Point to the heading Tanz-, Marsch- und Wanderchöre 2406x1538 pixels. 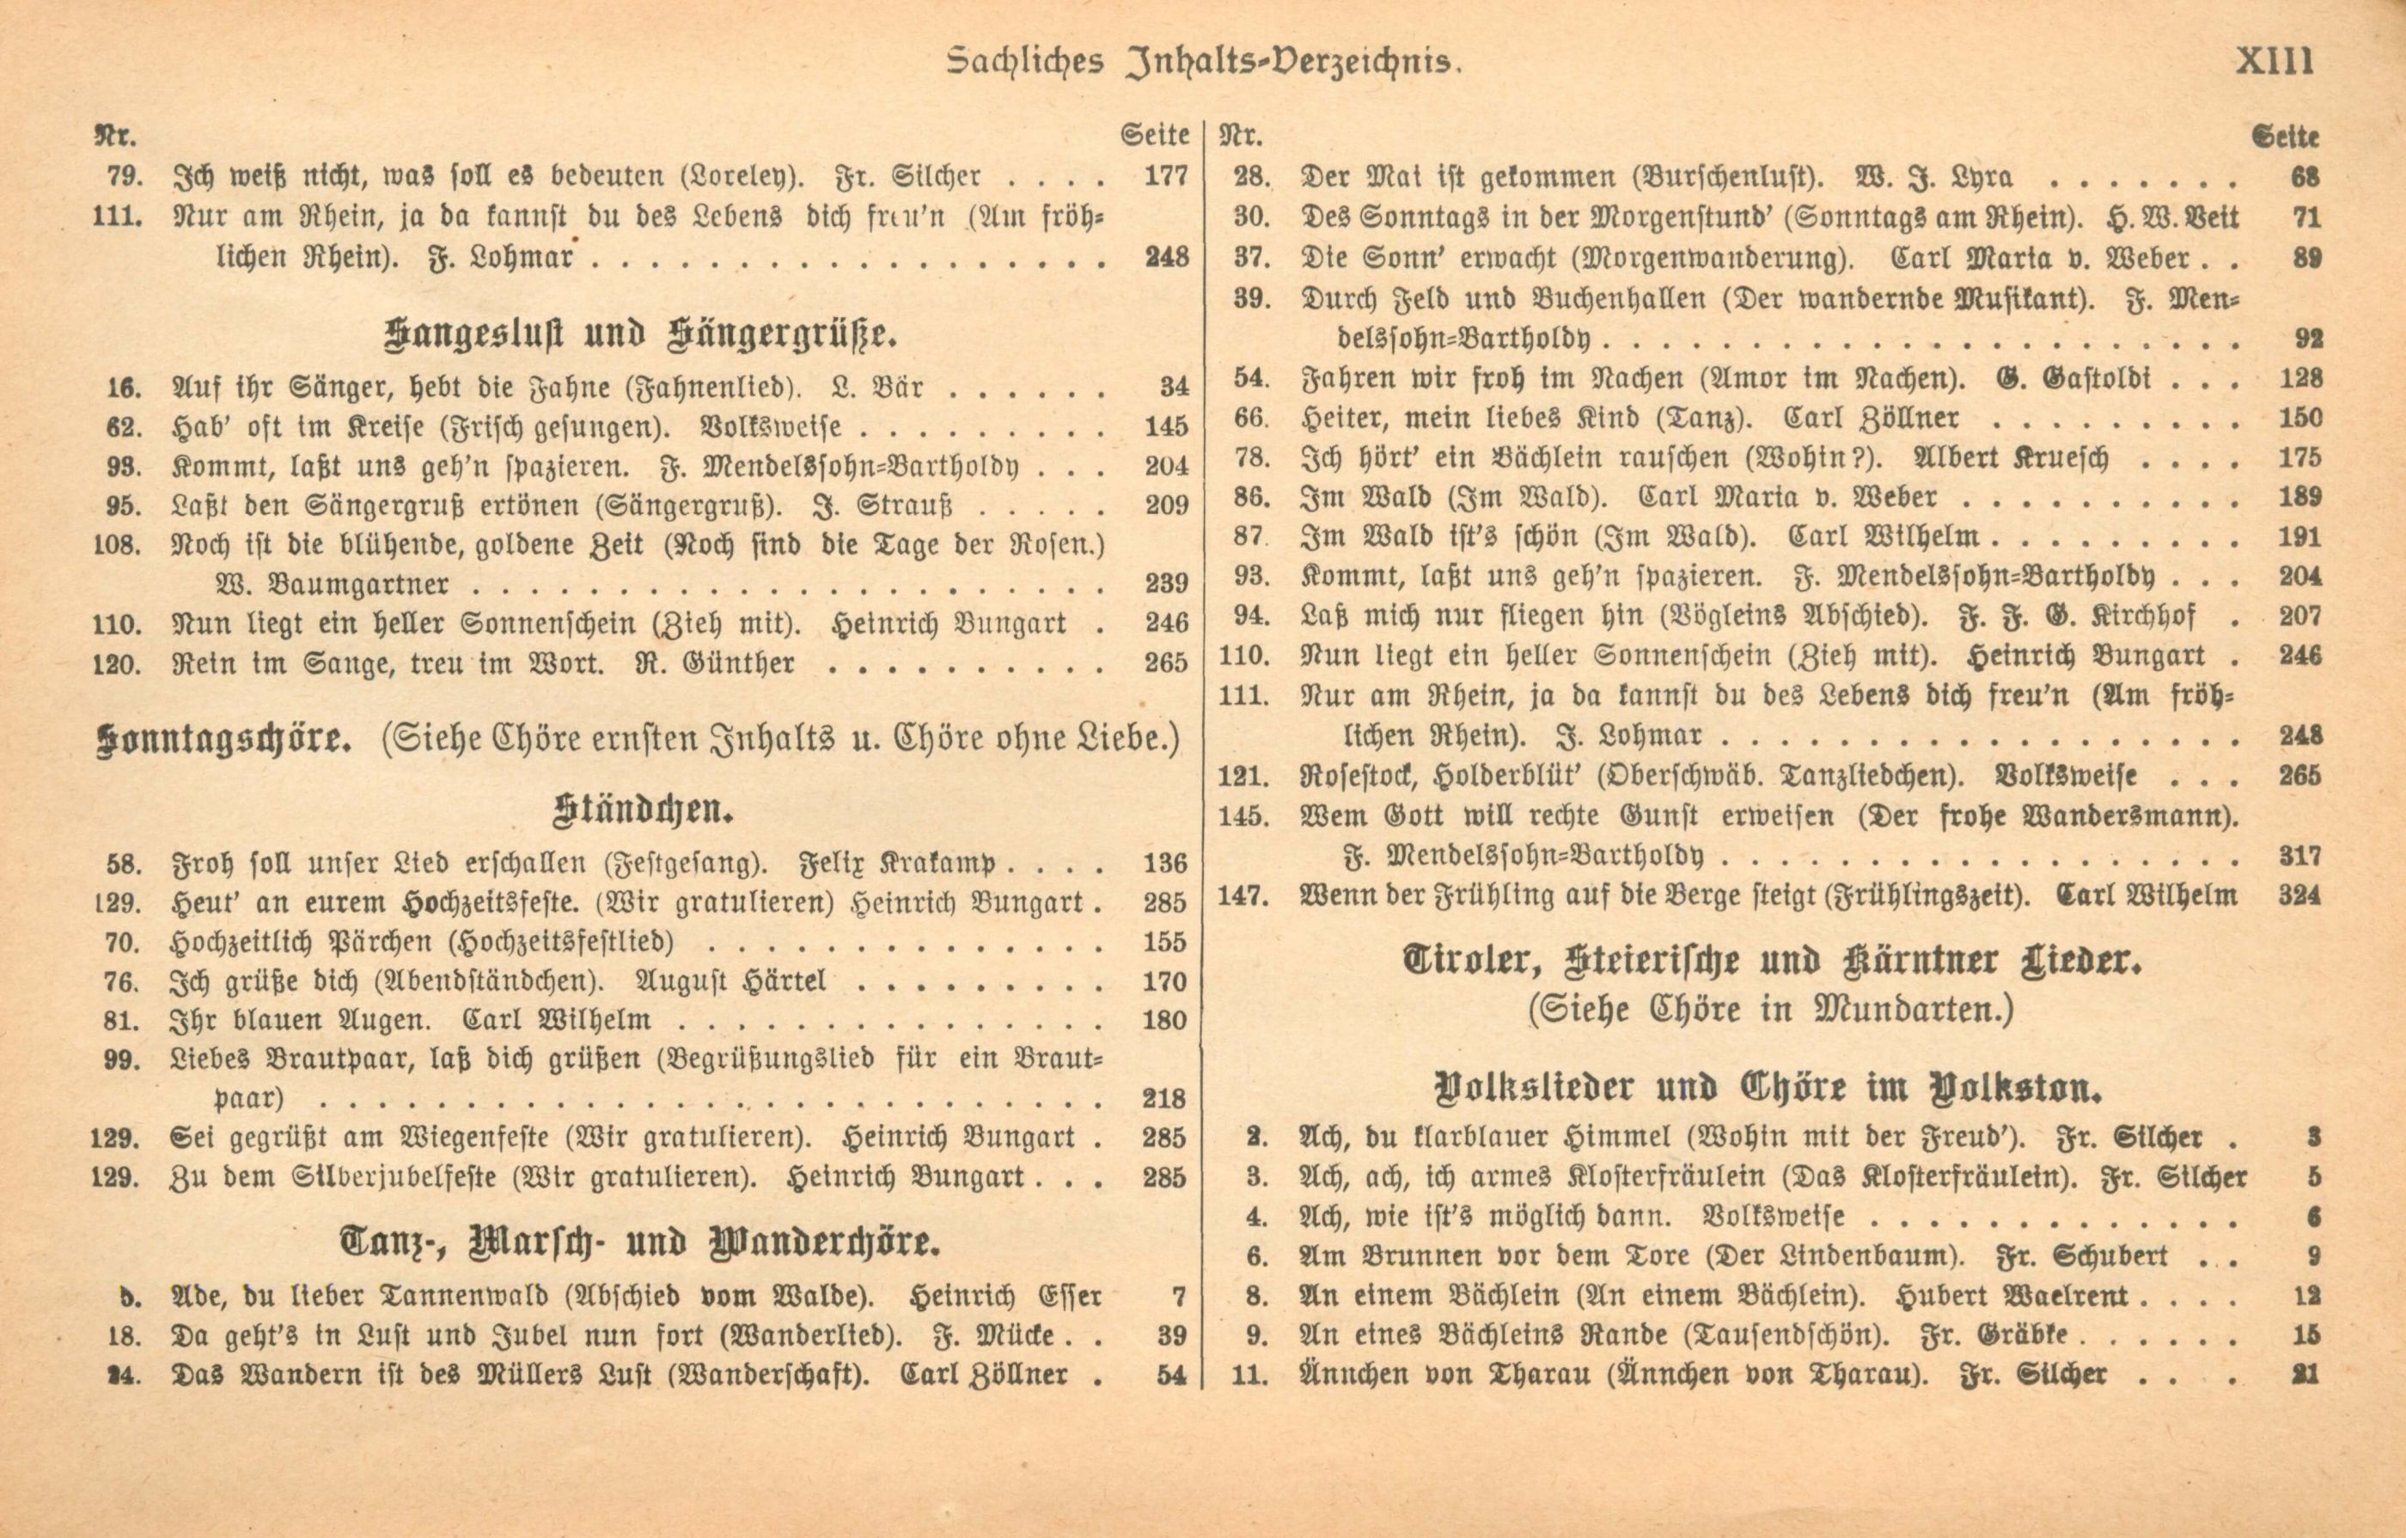click(x=639, y=1244)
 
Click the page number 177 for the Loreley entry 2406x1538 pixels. click(x=1165, y=177)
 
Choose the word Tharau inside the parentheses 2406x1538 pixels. click(x=1864, y=1375)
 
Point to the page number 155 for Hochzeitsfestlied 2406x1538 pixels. click(x=1165, y=942)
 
